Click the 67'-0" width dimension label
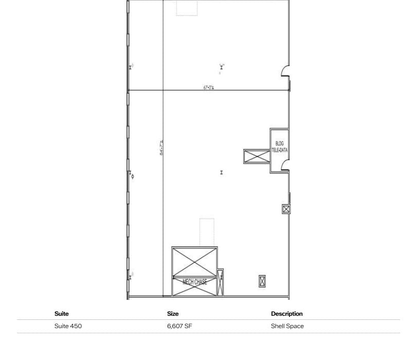point(208,87)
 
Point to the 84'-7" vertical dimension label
point(161,148)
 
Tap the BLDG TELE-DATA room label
point(280,147)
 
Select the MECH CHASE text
point(195,282)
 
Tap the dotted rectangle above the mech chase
point(207,232)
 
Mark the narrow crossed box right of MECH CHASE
point(221,283)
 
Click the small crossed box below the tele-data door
point(286,209)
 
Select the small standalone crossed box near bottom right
point(262,281)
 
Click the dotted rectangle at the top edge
point(187,8)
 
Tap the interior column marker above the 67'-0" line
point(222,67)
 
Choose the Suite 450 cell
point(68,326)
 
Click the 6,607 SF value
point(179,326)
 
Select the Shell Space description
point(287,326)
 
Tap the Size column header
point(173,314)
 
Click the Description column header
point(286,314)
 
